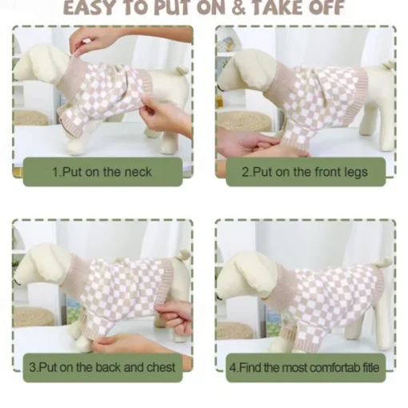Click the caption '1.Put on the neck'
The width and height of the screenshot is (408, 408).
pos(102,172)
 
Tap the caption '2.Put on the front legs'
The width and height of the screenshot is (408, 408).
pos(305,172)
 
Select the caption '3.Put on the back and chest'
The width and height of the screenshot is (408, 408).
pos(102,367)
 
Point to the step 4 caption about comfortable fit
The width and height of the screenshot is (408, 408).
pos(304,367)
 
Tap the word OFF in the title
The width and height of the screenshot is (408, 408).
pos(326,7)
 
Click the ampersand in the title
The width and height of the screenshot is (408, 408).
pos(238,7)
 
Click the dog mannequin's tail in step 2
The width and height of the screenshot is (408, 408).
pos(388,65)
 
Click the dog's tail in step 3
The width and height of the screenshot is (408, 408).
pos(184,255)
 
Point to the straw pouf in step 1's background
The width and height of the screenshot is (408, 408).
pos(30,118)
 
